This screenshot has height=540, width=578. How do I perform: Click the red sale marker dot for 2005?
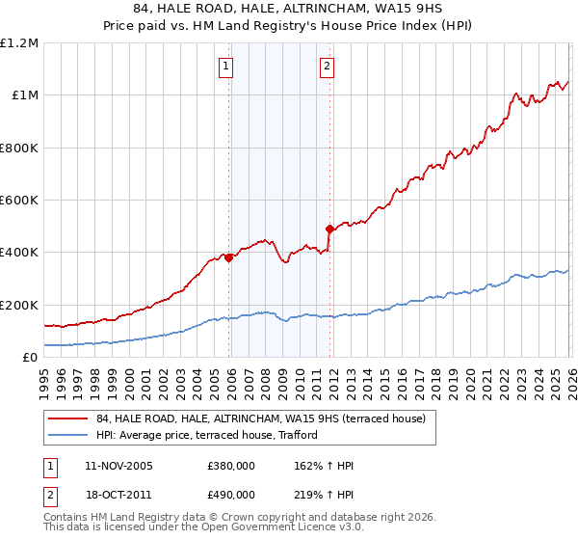pyautogui.click(x=228, y=257)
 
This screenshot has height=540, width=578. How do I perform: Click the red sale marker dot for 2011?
pyautogui.click(x=329, y=229)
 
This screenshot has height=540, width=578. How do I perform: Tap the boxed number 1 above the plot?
pyautogui.click(x=225, y=67)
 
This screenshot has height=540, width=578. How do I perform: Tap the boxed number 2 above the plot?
pyautogui.click(x=327, y=67)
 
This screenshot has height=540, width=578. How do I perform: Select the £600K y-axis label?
pyautogui.click(x=19, y=201)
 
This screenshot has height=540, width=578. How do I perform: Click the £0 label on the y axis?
pyautogui.click(x=29, y=357)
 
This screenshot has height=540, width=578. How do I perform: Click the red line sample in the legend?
pyautogui.click(x=68, y=418)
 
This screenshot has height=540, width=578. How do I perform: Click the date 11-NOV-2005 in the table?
pyautogui.click(x=118, y=466)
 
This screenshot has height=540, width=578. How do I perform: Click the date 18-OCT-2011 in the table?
pyautogui.click(x=118, y=495)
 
